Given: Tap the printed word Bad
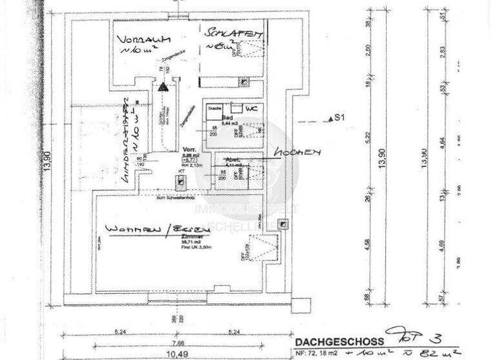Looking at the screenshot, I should pyautogui.click(x=226, y=118).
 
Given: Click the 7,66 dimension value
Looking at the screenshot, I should pyautogui.click(x=178, y=342).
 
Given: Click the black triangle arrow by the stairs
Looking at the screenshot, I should pyautogui.click(x=163, y=85).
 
